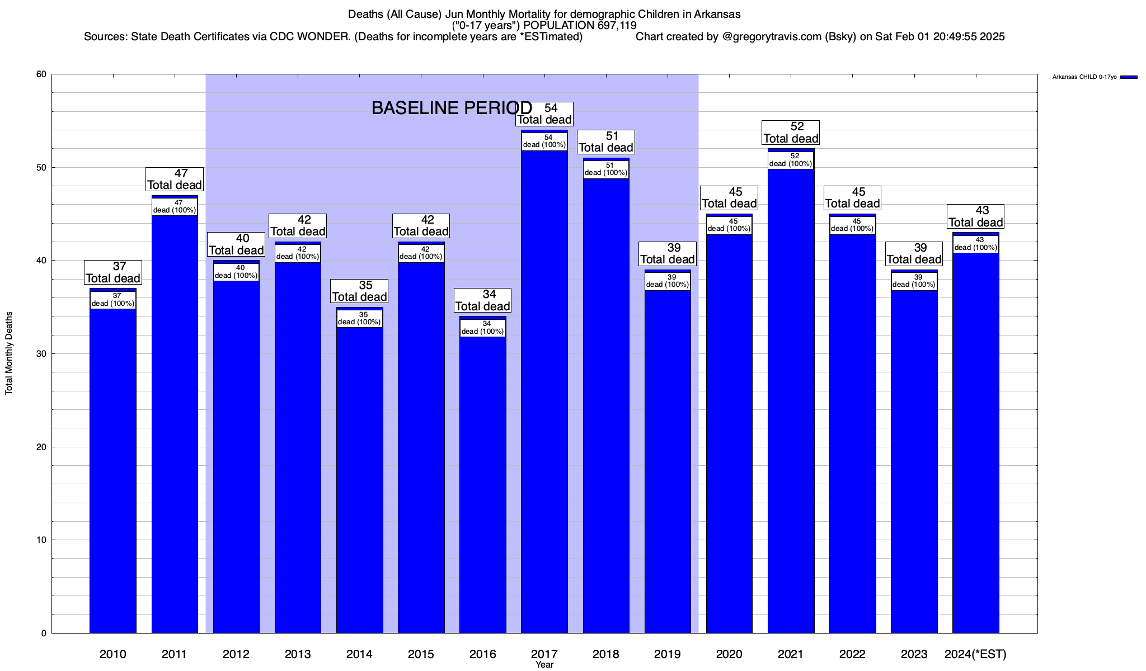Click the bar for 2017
point(544,391)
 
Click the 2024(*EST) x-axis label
point(975,654)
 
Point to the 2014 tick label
point(359,654)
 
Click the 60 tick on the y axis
point(41,74)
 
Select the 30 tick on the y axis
point(41,354)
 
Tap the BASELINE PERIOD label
point(452,108)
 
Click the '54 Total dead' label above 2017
point(544,114)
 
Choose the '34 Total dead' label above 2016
point(482,301)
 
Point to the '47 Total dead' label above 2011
point(175,179)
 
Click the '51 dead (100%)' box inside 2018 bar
point(606,169)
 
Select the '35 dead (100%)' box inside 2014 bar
point(359,318)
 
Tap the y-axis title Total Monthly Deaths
point(9,353)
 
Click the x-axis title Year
point(544,665)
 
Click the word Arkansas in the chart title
point(717,14)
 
